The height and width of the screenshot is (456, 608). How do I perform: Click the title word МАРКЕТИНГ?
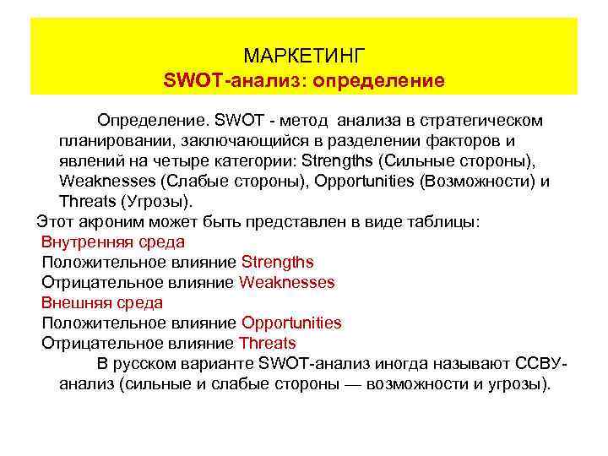click(x=304, y=57)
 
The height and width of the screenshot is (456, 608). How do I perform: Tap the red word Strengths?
click(x=277, y=263)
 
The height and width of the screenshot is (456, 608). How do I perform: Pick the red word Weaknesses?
click(x=287, y=283)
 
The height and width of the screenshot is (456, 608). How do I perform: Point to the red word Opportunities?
click(x=291, y=323)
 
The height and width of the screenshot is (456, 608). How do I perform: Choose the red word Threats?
click(x=268, y=343)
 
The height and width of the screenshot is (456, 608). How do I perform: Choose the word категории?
click(x=257, y=161)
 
